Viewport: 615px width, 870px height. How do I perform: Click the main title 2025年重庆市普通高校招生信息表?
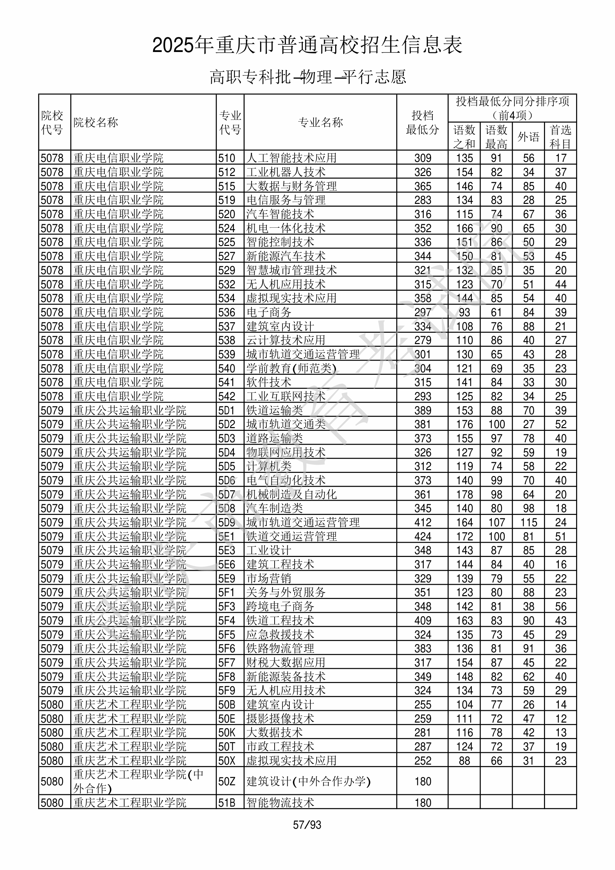[307, 45]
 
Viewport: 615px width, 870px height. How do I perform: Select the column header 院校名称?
[96, 122]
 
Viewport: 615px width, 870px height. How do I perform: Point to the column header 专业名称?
[320, 122]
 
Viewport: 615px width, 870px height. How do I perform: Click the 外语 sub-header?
[528, 137]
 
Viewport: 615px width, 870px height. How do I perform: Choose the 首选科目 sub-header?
[561, 137]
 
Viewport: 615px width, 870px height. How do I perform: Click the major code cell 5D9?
[227, 522]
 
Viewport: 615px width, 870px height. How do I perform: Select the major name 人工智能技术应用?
[291, 158]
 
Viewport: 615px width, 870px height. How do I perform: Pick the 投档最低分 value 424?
[423, 537]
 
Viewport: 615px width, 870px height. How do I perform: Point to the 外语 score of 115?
[529, 522]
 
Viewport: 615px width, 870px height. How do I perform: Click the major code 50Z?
[227, 781]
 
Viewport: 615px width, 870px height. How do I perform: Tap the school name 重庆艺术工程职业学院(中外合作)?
[139, 781]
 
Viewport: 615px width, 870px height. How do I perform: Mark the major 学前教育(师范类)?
[291, 368]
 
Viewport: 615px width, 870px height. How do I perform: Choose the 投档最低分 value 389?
[423, 410]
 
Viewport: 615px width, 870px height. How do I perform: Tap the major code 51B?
[227, 802]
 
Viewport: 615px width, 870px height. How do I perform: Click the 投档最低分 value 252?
[423, 761]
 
